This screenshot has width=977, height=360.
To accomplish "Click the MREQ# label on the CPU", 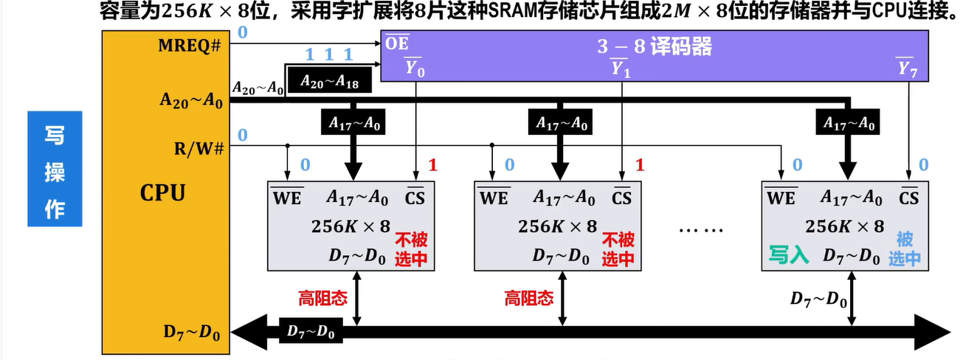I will click(190, 46).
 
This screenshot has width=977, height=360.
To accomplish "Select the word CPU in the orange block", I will click(162, 193).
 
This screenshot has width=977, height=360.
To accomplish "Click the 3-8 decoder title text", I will click(655, 46).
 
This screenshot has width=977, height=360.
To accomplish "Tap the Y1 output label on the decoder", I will click(620, 69).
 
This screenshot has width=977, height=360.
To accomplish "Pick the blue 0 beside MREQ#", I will click(241, 32).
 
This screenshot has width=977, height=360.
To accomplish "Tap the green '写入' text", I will click(788, 256).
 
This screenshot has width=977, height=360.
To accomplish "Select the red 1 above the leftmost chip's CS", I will click(432, 165).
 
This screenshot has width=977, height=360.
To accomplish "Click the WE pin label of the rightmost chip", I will click(781, 198).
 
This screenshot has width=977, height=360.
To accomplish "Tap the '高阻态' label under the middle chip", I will click(529, 298).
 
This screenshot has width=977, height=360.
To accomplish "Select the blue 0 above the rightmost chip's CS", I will click(922, 165).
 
